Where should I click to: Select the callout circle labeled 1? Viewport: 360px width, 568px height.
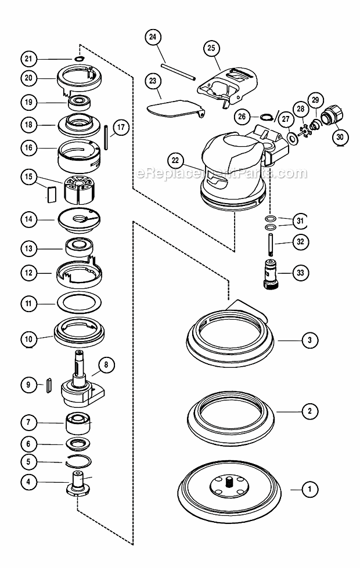click(x=309, y=490)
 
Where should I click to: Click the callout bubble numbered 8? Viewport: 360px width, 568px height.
click(x=106, y=365)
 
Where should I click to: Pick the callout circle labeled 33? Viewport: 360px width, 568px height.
click(x=300, y=272)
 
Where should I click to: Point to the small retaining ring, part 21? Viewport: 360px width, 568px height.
click(x=79, y=58)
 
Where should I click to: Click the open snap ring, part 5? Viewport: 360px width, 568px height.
click(x=78, y=462)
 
